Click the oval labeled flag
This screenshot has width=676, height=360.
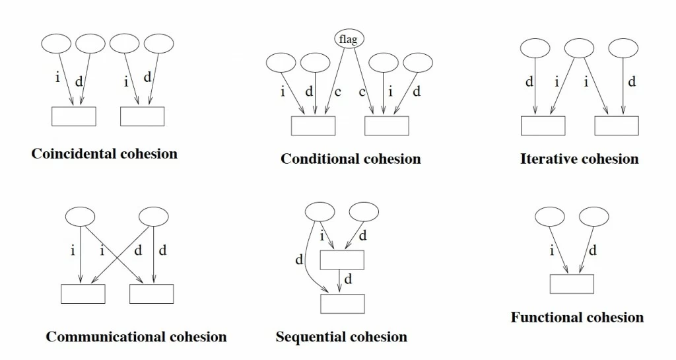(x=349, y=39)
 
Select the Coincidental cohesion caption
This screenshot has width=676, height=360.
(x=104, y=154)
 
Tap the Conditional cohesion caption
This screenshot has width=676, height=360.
(x=351, y=159)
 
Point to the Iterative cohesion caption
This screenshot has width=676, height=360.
(x=579, y=159)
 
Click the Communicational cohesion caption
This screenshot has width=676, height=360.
(x=136, y=337)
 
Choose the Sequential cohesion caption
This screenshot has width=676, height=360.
(x=341, y=337)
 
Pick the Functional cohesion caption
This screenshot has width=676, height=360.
(x=577, y=317)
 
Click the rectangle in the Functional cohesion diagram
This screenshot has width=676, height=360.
(x=572, y=284)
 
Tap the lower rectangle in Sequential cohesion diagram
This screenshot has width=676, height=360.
(x=343, y=303)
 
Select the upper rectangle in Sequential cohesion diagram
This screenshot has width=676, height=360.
(x=342, y=260)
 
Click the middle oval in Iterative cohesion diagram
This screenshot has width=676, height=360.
(x=579, y=48)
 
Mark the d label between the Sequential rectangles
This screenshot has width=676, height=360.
(x=348, y=279)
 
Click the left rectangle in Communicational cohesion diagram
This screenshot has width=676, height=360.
(x=83, y=293)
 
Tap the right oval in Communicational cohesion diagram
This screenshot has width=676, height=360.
(x=153, y=217)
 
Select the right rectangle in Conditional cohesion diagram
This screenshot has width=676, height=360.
(x=387, y=126)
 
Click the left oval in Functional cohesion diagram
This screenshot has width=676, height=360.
(x=550, y=217)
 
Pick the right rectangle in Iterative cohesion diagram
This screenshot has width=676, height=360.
(x=617, y=126)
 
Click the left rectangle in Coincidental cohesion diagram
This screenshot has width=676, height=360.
(x=74, y=116)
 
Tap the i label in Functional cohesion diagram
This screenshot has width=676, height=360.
(x=552, y=250)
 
